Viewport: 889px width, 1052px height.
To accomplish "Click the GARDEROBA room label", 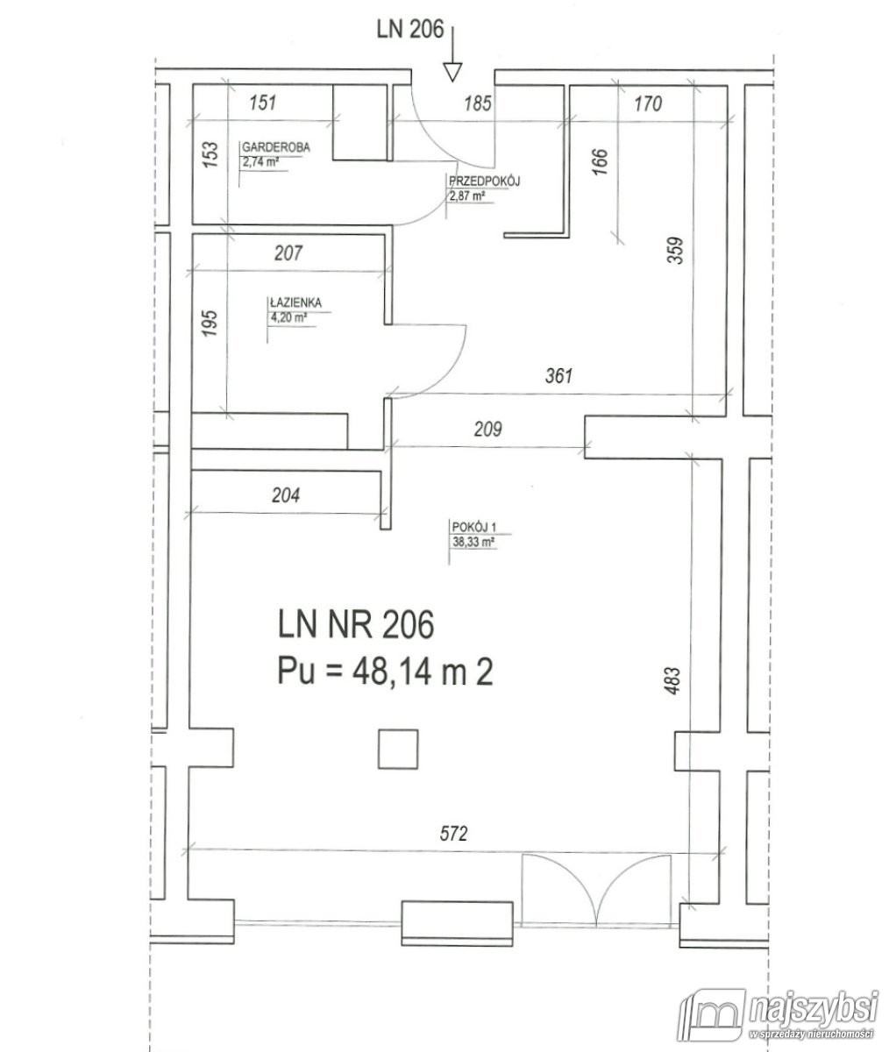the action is (x=275, y=147).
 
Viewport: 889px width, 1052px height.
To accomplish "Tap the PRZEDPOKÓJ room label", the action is (x=484, y=181).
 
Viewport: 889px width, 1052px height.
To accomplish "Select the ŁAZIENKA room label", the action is (x=295, y=302).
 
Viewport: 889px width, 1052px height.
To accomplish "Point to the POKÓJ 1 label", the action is (x=474, y=527).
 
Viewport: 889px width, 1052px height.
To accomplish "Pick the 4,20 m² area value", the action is (x=288, y=317).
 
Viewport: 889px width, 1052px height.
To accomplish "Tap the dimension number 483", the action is (x=672, y=681).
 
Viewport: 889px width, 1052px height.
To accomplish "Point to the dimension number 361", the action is (x=558, y=375).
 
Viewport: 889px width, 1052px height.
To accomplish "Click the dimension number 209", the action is (x=487, y=429).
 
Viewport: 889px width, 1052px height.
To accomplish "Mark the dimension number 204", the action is (x=286, y=495).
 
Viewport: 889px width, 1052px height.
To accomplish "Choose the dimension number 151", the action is (x=263, y=103).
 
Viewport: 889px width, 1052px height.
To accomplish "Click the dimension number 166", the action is (x=600, y=161).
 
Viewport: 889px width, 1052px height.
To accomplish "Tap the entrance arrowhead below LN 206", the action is (x=452, y=72).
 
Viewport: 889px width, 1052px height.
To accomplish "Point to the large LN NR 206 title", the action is (x=356, y=625).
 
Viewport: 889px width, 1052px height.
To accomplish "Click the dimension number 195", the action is (x=211, y=323).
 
